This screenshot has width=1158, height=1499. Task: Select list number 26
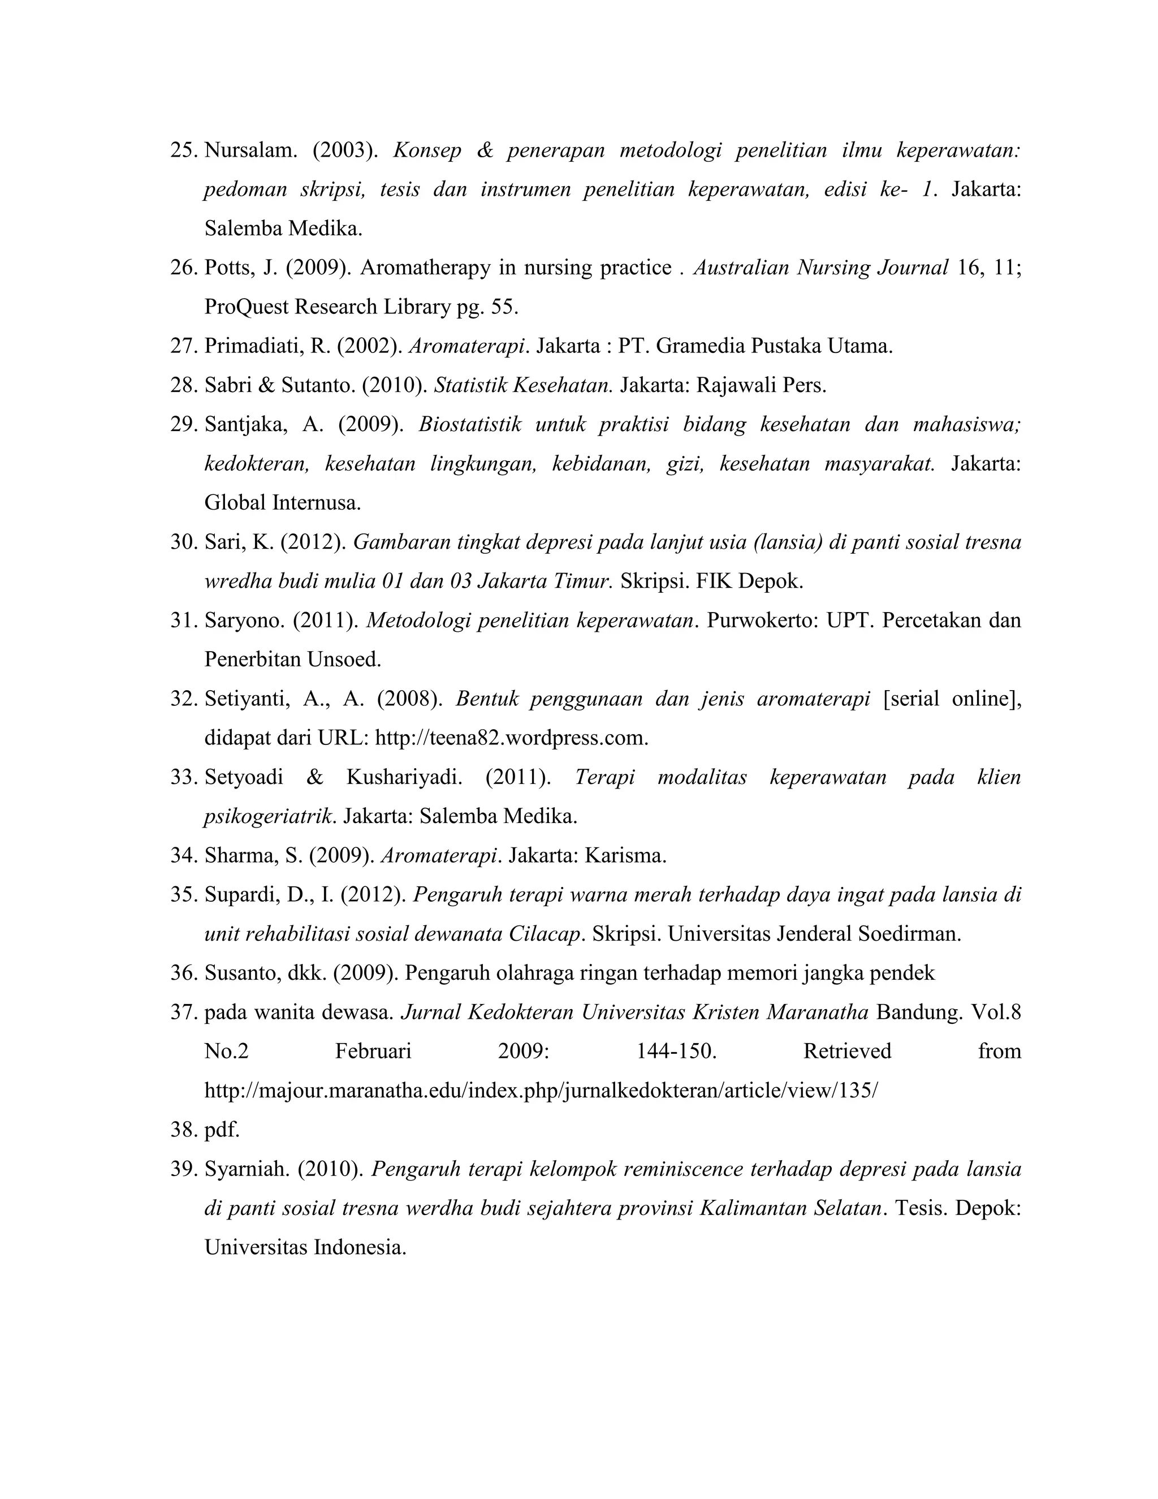[183, 268]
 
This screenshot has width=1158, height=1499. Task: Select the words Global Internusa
[282, 503]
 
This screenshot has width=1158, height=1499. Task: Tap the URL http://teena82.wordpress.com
[511, 739]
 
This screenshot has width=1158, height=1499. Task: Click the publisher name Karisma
[624, 856]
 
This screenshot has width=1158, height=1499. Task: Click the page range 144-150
[676, 1052]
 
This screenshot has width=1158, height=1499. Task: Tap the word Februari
[373, 1052]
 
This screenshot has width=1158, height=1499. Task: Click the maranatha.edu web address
[541, 1091]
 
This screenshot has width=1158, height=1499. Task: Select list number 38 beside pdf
[183, 1130]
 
